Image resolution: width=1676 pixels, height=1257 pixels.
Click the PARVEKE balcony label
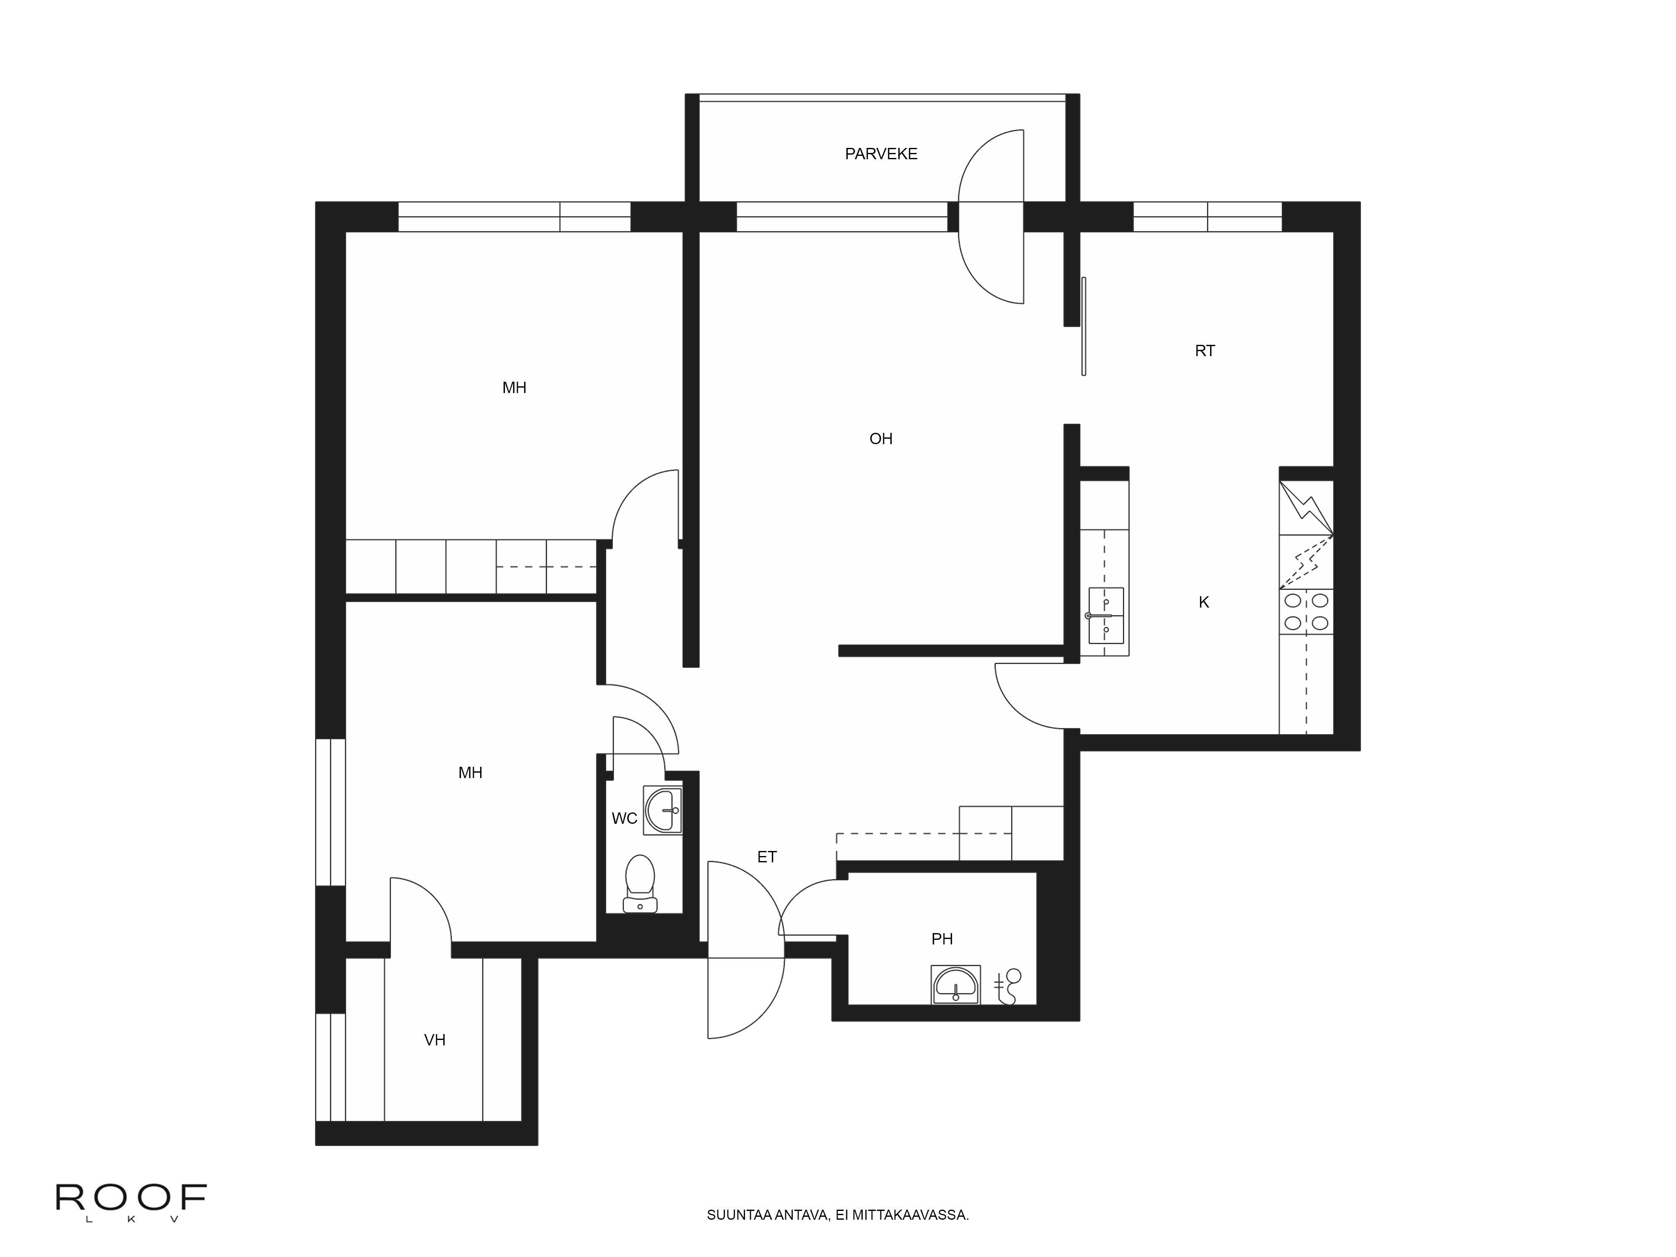point(880,154)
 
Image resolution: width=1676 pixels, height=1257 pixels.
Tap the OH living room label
point(880,439)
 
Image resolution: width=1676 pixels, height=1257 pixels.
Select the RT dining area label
point(1204,351)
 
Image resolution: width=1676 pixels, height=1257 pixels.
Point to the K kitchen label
point(1203,603)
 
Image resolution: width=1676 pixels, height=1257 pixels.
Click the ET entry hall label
point(767,857)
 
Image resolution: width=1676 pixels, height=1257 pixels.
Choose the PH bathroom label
point(941,939)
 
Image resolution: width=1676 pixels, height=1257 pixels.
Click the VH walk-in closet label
point(434,1040)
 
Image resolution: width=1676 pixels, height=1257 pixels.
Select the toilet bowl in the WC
point(640,883)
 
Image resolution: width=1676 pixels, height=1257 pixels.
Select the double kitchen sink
point(1105,615)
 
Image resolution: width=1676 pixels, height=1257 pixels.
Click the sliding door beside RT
point(1084,326)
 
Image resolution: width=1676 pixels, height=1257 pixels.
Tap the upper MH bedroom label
point(514,388)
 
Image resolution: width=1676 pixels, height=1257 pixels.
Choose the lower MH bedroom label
point(470,773)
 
